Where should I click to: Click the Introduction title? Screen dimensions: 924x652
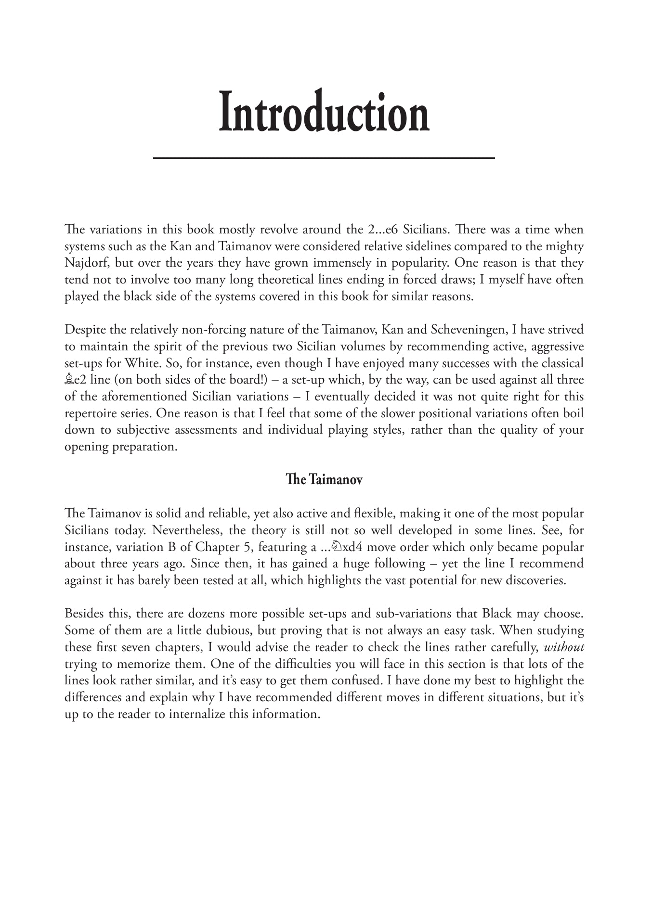(324, 112)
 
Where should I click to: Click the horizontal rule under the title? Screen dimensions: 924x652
(324, 158)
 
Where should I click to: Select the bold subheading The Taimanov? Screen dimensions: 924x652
(324, 480)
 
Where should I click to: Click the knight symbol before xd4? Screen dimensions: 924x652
(337, 547)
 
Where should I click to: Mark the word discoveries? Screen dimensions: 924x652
(535, 580)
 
